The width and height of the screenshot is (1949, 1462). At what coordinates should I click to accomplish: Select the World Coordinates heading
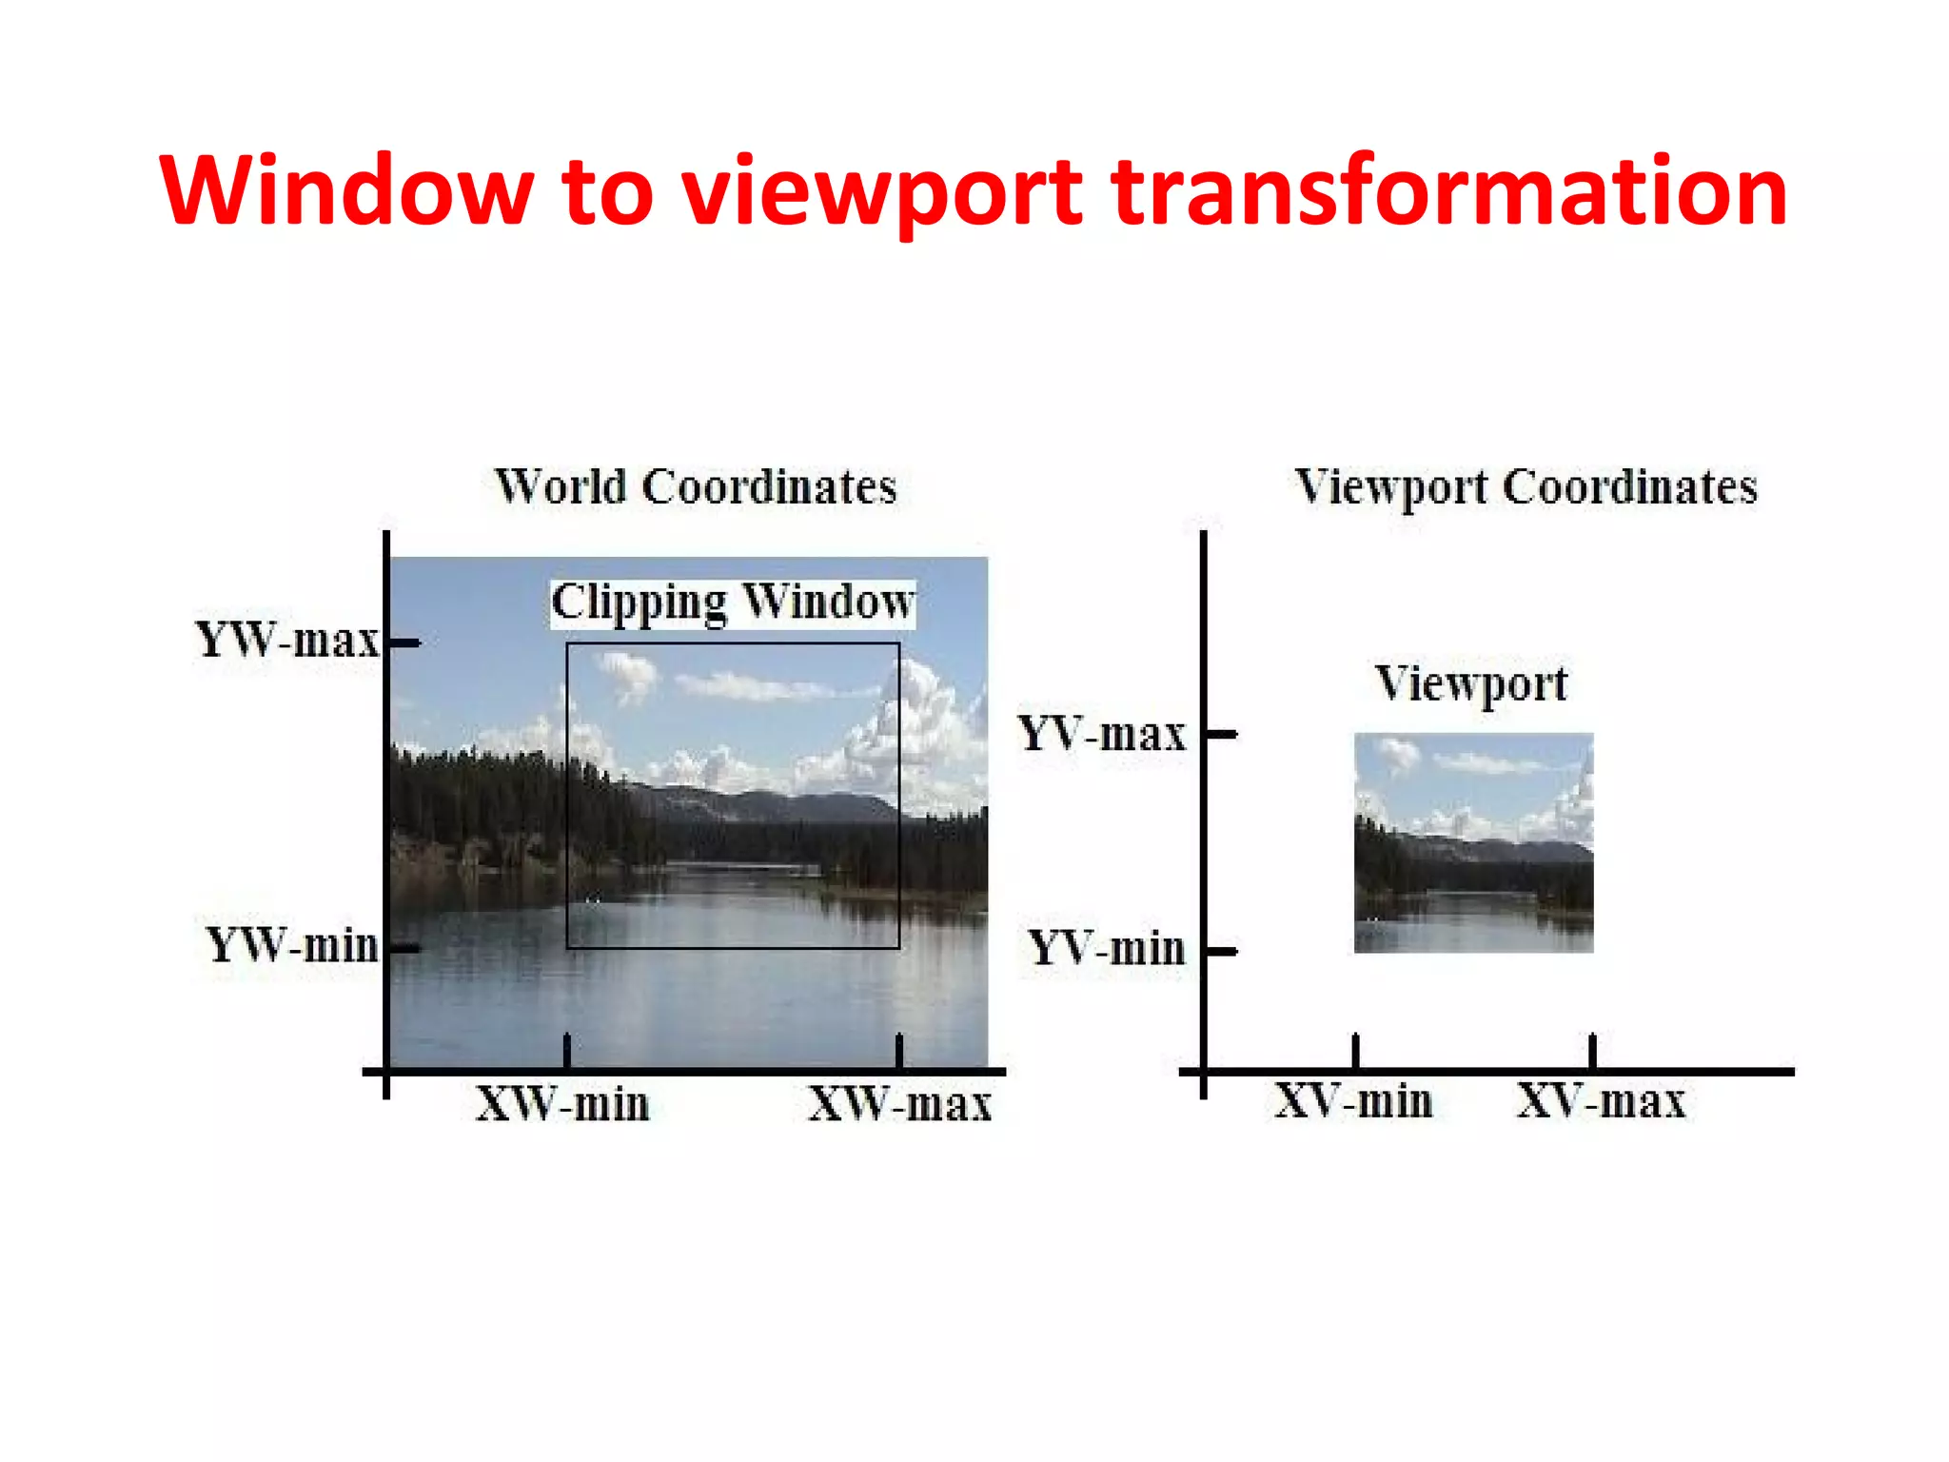click(696, 486)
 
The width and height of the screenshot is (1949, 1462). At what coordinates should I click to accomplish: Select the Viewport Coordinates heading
click(1526, 487)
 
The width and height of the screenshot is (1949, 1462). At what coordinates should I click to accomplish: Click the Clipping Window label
click(733, 603)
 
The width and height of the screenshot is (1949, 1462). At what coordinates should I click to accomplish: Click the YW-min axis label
click(292, 945)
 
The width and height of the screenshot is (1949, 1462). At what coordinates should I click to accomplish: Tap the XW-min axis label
click(562, 1104)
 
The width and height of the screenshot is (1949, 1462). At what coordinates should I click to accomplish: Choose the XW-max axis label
click(899, 1104)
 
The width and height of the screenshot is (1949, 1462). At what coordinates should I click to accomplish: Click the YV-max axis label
click(1102, 734)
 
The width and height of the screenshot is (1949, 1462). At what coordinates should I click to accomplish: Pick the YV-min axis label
click(1107, 949)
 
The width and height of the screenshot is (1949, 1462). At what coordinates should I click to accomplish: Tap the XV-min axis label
click(1353, 1101)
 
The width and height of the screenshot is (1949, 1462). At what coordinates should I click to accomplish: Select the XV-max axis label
click(1601, 1101)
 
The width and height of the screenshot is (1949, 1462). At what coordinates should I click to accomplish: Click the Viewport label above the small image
click(1471, 683)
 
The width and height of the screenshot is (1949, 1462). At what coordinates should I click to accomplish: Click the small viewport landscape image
click(1473, 842)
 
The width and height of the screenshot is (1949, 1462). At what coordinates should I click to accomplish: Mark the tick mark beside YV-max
click(1222, 734)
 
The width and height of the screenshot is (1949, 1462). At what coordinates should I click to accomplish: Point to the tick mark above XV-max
click(1592, 1050)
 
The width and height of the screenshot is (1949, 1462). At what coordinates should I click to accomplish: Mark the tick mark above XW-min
click(567, 1050)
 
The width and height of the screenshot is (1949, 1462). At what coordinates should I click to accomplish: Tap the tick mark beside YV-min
click(1222, 951)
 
